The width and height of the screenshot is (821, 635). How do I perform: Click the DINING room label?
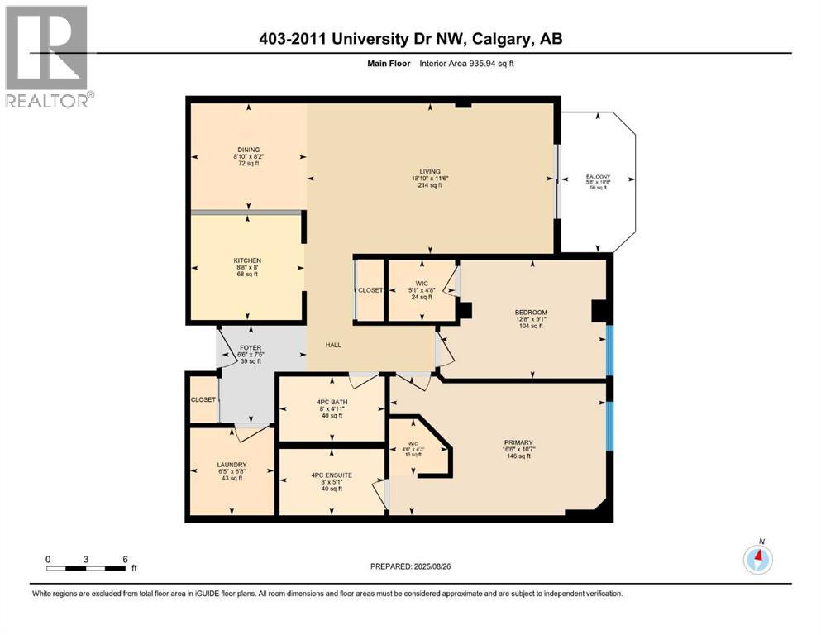click(246, 150)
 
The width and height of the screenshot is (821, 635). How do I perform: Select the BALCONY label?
click(598, 175)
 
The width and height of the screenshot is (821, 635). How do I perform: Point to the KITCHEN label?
click(246, 260)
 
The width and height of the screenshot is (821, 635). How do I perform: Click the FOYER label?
click(250, 348)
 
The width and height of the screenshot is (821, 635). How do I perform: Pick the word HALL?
click(333, 345)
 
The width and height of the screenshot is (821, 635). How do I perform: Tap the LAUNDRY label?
click(232, 465)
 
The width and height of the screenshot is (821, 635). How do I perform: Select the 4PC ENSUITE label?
click(332, 475)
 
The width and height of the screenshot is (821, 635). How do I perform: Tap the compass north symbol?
click(758, 558)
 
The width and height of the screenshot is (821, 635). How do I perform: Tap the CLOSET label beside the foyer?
click(203, 399)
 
